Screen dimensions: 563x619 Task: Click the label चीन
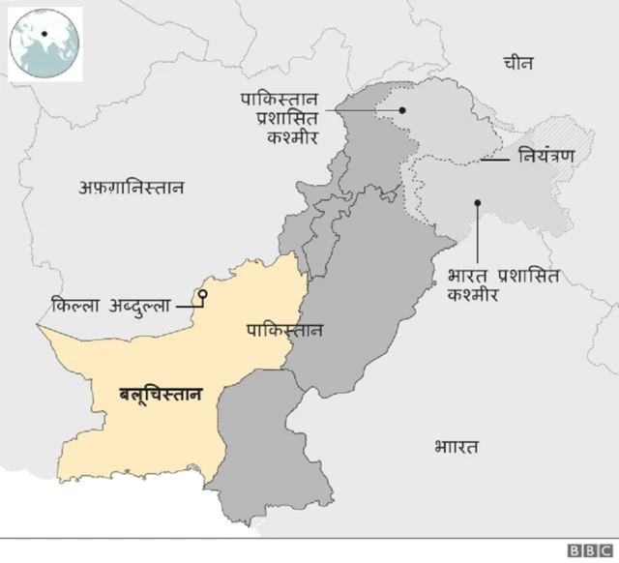point(518,64)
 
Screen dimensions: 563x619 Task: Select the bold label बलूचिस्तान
point(161,394)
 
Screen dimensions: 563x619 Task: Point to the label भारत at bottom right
point(456,447)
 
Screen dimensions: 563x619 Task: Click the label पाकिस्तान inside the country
point(285,330)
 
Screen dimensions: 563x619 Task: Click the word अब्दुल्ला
point(139,306)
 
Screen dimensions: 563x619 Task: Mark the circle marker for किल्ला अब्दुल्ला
point(203,293)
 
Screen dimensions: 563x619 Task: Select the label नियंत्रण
point(546,155)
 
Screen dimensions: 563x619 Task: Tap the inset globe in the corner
point(44,43)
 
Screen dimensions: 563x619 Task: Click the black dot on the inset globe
point(44,35)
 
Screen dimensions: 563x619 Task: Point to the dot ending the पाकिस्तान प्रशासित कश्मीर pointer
point(403,109)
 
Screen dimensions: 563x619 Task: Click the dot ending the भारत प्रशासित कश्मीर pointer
point(476,203)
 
